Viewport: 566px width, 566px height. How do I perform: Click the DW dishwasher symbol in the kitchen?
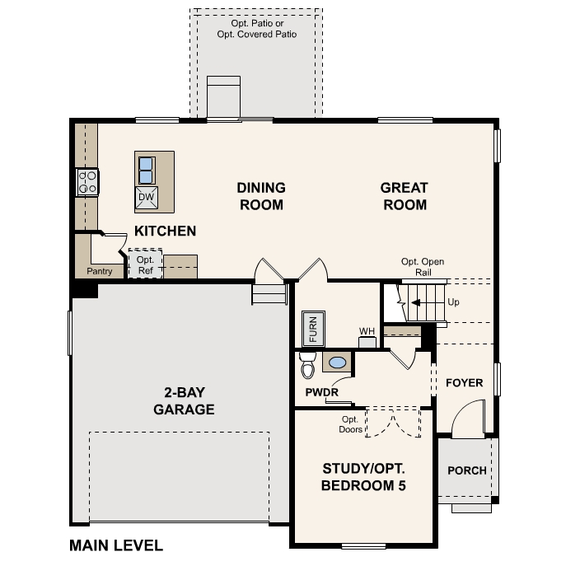tap(146, 197)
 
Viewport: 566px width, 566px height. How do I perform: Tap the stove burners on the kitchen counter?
tap(87, 182)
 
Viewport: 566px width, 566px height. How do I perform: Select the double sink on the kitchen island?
tap(146, 170)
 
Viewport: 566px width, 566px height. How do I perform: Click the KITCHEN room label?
tap(165, 231)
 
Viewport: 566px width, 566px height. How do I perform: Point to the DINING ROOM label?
tap(261, 196)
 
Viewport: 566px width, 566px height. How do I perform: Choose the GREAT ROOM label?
tap(404, 196)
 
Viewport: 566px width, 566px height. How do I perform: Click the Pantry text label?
tap(99, 271)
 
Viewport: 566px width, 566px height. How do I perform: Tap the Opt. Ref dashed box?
tap(145, 264)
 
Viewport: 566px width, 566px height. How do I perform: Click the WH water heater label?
tap(367, 332)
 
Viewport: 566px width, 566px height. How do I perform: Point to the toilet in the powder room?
tap(308, 363)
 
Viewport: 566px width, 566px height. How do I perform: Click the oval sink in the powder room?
tap(338, 362)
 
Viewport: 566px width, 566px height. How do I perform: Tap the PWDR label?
tap(321, 392)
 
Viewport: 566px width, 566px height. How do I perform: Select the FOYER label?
tap(464, 383)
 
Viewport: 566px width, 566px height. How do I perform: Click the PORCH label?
tap(466, 470)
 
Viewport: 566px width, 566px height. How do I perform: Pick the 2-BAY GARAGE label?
tap(183, 401)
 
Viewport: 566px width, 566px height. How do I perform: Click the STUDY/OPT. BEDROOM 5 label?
tap(363, 477)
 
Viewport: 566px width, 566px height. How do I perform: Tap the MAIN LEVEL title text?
tap(116, 545)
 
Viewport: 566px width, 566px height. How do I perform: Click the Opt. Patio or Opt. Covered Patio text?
tap(255, 29)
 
